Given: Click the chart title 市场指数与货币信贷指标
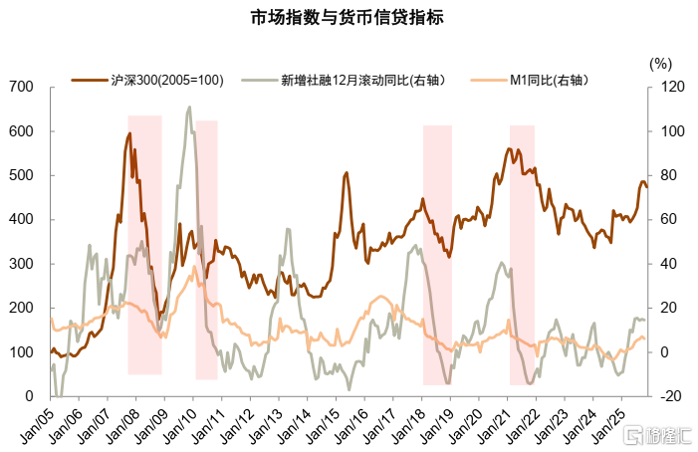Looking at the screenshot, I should [x=348, y=18].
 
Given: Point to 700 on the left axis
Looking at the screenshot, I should [x=22, y=88].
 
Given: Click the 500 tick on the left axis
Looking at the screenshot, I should [x=22, y=175].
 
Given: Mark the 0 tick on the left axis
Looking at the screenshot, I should [x=30, y=396].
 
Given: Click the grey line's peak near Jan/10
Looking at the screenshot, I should [x=189, y=108].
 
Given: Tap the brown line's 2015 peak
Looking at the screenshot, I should [x=347, y=173].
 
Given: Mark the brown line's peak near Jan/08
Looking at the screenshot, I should [x=129, y=133].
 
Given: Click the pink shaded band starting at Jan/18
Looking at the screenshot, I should [x=437, y=254].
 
